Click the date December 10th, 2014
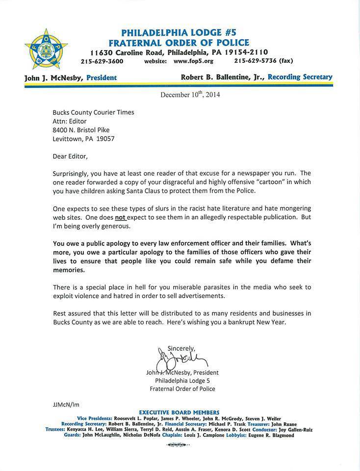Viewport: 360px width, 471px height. [x=190, y=95]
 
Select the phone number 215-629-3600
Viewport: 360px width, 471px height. [x=102, y=61]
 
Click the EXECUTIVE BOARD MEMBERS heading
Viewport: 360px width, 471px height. [x=180, y=412]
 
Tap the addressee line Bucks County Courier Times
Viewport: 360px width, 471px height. [x=93, y=112]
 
